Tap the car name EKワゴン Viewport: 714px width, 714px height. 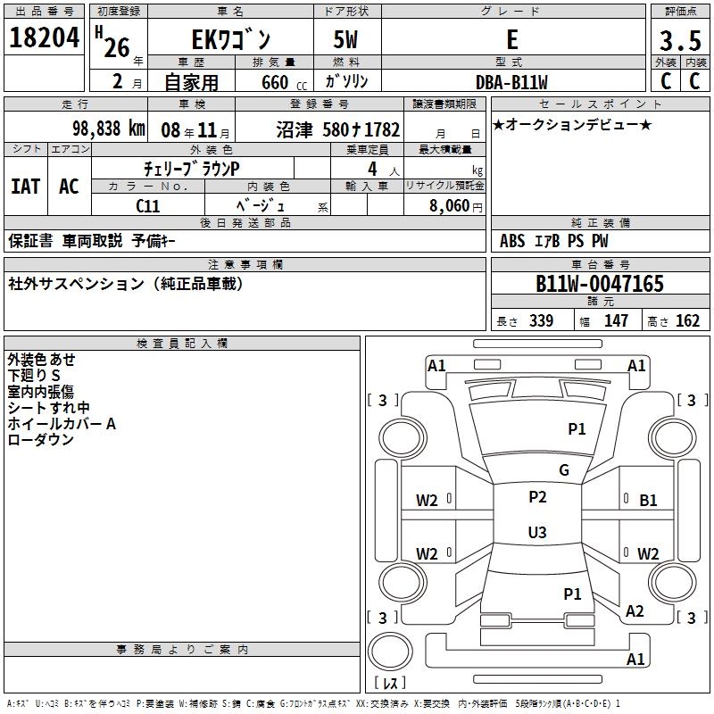click(x=231, y=40)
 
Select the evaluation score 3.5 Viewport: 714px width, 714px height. click(x=679, y=41)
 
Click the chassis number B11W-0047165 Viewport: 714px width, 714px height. click(x=600, y=284)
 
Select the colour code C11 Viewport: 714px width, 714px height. click(x=147, y=205)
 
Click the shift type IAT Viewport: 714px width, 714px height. click(x=26, y=187)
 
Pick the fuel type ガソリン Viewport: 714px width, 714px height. click(x=348, y=81)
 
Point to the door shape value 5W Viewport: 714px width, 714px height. click(x=348, y=41)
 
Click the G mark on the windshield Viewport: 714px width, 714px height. click(x=564, y=470)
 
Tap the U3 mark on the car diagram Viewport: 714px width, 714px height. click(x=537, y=533)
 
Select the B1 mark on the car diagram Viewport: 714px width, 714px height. click(x=648, y=501)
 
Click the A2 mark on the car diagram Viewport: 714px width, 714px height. click(x=635, y=611)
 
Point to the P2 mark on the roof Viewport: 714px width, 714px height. click(x=537, y=497)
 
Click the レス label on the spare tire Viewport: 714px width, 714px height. click(x=394, y=683)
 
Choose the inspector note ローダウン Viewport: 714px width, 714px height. click(x=41, y=440)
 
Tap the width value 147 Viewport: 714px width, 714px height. click(x=616, y=321)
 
